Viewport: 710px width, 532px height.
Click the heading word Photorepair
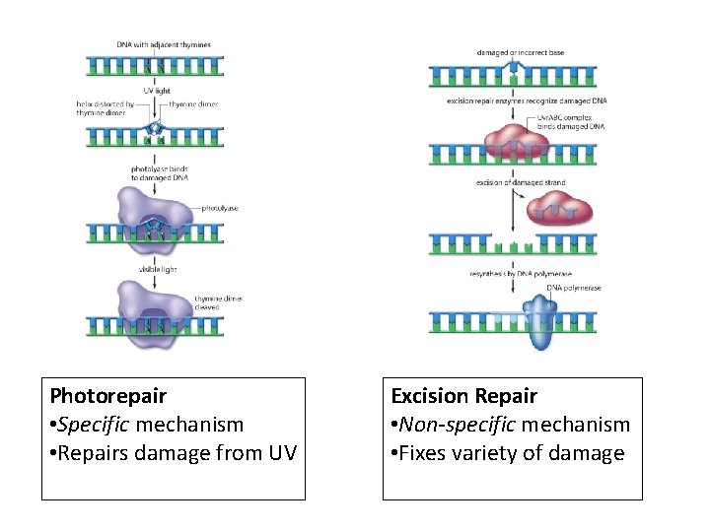click(x=107, y=396)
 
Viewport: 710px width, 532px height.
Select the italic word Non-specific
click(x=456, y=425)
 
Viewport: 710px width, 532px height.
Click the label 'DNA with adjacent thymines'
click(x=164, y=45)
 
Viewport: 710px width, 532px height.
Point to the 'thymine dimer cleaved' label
click(x=218, y=301)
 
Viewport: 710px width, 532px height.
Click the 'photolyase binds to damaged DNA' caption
click(x=160, y=173)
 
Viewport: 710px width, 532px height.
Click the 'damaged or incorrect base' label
click(x=521, y=52)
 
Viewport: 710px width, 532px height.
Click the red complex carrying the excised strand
click(x=557, y=209)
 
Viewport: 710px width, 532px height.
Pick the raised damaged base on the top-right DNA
click(x=512, y=65)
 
